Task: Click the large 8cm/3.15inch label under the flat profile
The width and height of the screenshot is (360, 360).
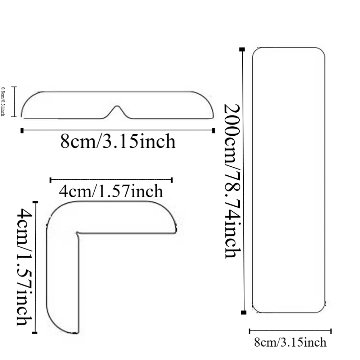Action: pos(118,141)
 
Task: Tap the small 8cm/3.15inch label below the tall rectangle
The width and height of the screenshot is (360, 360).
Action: pos(290,342)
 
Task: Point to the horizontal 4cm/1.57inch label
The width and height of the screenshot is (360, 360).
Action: pos(111,191)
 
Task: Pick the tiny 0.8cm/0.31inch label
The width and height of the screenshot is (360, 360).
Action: pos(3,101)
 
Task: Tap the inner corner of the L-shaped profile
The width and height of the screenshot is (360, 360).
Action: pos(78,233)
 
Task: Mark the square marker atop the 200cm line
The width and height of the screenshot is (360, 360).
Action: pos(242,49)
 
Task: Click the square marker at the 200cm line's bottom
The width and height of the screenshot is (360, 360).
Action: pos(244,312)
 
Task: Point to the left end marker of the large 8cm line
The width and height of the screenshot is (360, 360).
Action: pos(22,130)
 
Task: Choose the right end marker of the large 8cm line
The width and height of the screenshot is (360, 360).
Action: pos(214,130)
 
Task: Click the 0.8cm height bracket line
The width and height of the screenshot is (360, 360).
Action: pos(14,102)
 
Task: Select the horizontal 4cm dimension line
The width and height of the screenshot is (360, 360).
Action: pos(111,180)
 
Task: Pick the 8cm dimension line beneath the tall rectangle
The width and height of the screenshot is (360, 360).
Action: pos(290,331)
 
